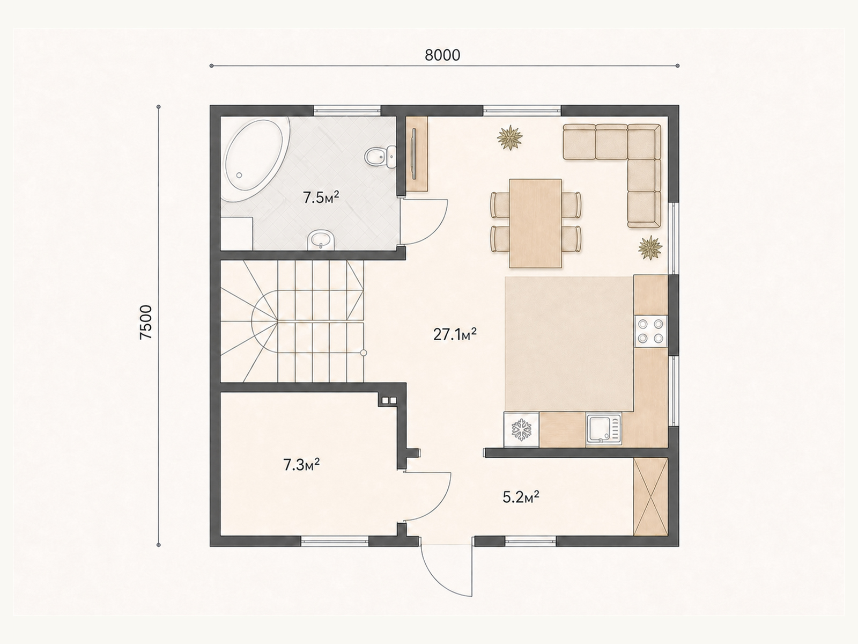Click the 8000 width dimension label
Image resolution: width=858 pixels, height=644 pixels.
tap(442, 55)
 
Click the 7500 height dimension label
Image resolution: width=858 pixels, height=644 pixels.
tap(146, 322)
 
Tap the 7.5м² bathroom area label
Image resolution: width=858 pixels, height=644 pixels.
tap(321, 197)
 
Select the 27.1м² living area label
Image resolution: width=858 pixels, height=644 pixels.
tap(455, 334)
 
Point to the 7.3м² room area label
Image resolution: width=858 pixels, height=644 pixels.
tap(302, 465)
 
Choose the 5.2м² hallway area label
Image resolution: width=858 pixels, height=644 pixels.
tap(521, 497)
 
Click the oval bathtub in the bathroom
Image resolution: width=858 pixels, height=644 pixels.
tap(255, 159)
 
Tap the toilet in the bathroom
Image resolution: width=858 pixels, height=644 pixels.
tap(380, 157)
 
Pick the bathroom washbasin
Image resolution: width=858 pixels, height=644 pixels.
tap(321, 240)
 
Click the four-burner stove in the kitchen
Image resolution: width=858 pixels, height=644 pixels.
tap(650, 331)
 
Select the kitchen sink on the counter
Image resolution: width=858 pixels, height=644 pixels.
tap(603, 429)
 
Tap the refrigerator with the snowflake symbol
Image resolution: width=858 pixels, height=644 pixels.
tap(521, 429)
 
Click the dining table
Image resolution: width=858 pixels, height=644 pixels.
tap(535, 223)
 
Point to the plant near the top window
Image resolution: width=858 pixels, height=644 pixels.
tap(510, 137)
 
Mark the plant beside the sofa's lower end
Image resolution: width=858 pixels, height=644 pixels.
tap(650, 247)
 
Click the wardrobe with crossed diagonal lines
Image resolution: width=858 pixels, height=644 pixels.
tap(650, 496)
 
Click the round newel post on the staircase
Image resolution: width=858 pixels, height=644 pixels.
tap(363, 353)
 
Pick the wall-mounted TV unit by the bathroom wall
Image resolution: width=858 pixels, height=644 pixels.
tap(417, 153)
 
